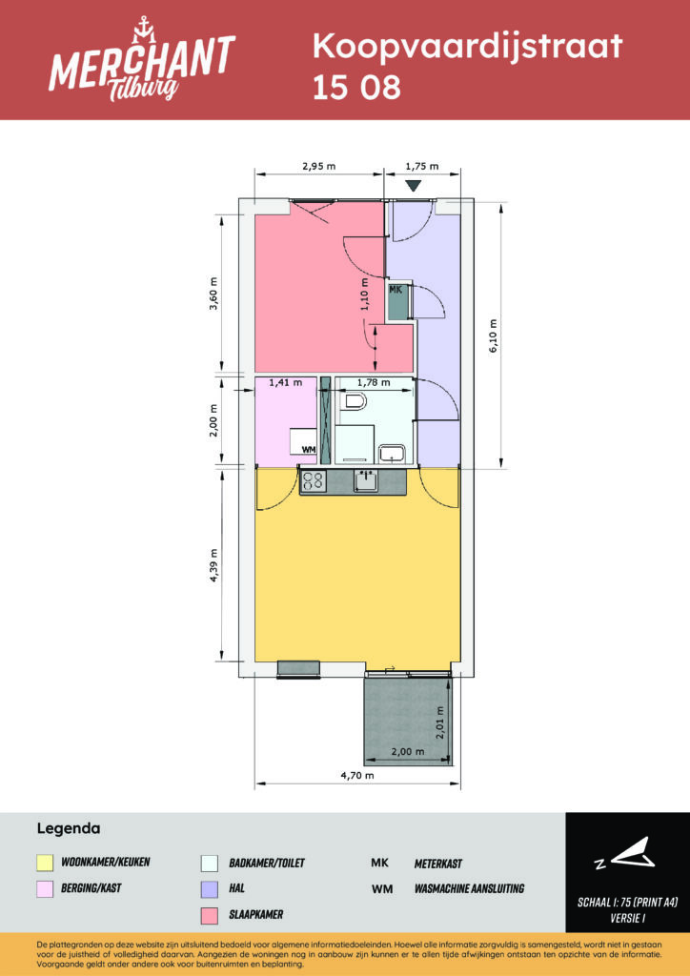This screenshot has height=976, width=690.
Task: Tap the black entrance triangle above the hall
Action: pyautogui.click(x=414, y=186)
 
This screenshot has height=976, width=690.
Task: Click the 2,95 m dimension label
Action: pyautogui.click(x=318, y=166)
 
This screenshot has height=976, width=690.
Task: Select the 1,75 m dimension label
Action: pyautogui.click(x=422, y=166)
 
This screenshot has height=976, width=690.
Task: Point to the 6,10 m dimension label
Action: pyautogui.click(x=494, y=336)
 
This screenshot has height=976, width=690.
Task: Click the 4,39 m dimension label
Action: pyautogui.click(x=213, y=565)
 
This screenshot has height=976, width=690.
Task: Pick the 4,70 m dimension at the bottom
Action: pyautogui.click(x=357, y=775)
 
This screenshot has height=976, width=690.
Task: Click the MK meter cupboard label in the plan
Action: pyautogui.click(x=396, y=290)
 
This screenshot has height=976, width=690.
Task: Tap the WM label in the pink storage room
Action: pyautogui.click(x=308, y=449)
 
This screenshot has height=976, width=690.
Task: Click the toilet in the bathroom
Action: pyautogui.click(x=353, y=403)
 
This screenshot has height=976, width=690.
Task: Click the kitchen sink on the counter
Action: pyautogui.click(x=365, y=480)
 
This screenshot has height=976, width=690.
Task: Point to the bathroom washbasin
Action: pyautogui.click(x=392, y=453)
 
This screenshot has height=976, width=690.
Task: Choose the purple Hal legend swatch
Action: pyautogui.click(x=210, y=889)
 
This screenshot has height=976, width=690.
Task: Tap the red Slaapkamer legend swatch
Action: pyautogui.click(x=210, y=915)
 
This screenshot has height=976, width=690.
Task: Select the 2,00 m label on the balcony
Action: pyautogui.click(x=408, y=751)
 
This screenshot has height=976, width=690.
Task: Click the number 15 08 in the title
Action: pyautogui.click(x=356, y=89)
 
